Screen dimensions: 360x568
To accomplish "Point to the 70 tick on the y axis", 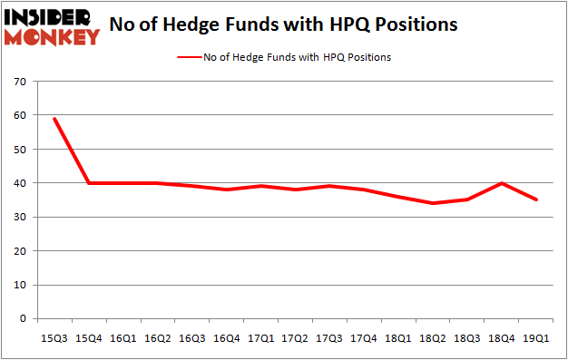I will [20, 82].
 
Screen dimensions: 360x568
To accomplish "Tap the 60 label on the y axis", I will [20, 115].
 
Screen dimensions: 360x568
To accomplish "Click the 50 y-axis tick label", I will [20, 149].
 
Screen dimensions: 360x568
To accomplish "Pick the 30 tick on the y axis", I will [20, 218].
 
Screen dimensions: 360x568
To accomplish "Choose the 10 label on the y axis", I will [20, 285].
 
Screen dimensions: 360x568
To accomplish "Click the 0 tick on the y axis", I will [24, 319].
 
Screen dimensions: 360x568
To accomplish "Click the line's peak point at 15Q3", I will [54, 119].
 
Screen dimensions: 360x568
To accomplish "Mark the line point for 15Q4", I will [88, 183].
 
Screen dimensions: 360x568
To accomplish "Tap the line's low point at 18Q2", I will [433, 203].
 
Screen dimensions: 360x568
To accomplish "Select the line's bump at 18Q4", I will [502, 183].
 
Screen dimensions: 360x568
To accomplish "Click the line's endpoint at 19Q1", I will [536, 199].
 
